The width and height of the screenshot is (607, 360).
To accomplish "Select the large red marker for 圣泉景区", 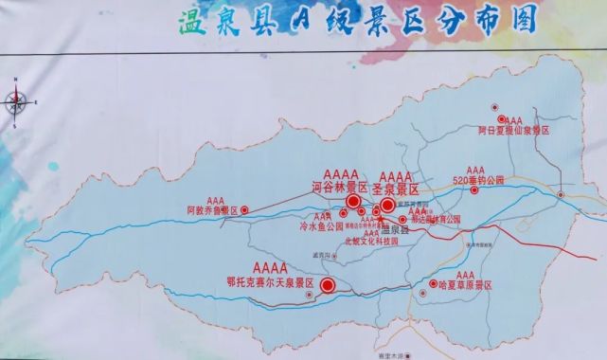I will pyautogui.click(x=387, y=205).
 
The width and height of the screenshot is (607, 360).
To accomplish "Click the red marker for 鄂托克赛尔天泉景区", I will pyautogui.click(x=328, y=285).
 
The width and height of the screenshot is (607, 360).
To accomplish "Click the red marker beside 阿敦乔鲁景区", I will pyautogui.click(x=245, y=209).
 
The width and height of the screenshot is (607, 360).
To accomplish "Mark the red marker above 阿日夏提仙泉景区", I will pyautogui.click(x=491, y=109).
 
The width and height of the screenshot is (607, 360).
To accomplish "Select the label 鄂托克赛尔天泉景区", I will pyautogui.click(x=270, y=281).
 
